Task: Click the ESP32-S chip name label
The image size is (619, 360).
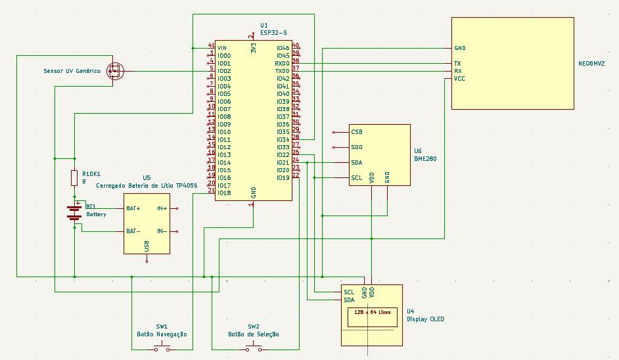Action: (x=273, y=32)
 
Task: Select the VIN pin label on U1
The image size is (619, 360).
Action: (x=222, y=48)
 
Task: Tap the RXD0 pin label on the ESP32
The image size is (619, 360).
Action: (x=283, y=63)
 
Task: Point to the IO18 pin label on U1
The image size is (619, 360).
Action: (x=224, y=193)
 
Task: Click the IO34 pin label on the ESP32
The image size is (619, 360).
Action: (x=283, y=139)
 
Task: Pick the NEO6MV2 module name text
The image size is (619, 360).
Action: (x=591, y=64)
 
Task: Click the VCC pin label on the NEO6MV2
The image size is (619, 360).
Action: (x=460, y=79)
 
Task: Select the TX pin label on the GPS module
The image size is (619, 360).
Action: (x=457, y=64)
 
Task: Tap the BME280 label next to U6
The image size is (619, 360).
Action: (x=426, y=158)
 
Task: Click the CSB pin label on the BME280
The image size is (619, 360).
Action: (x=357, y=132)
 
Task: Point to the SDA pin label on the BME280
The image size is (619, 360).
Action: (x=357, y=162)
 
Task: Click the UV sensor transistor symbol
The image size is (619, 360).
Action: (x=116, y=71)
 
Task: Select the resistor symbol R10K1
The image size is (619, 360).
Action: (x=74, y=178)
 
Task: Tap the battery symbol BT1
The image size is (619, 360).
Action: (x=74, y=212)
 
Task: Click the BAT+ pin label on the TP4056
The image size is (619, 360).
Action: (x=133, y=208)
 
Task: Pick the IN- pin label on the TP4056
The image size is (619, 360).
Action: (x=162, y=231)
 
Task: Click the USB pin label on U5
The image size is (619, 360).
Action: (x=146, y=246)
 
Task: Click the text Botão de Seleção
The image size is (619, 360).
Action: (x=254, y=334)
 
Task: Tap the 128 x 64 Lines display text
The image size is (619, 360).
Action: (x=372, y=312)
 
